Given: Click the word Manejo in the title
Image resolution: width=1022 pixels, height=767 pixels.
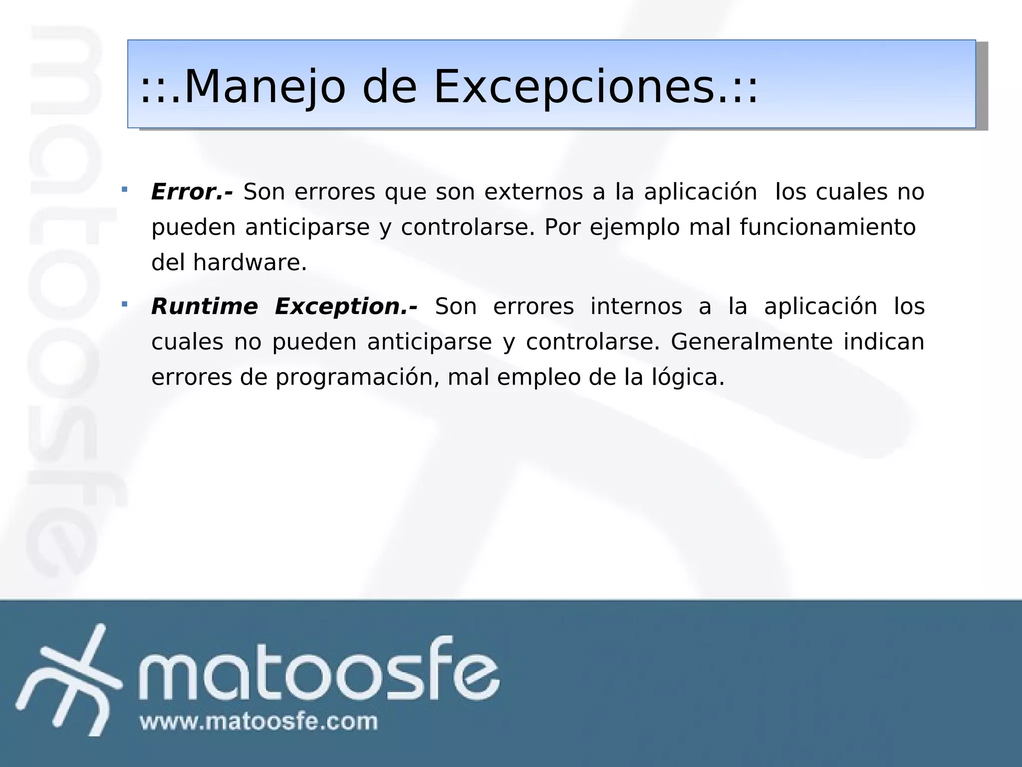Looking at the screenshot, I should tap(264, 87).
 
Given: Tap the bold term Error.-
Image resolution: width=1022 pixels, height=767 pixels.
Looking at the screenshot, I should tap(192, 192).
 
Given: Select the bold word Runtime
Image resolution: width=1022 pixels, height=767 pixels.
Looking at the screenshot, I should tap(205, 306).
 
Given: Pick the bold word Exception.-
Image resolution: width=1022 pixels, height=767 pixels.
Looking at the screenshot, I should tap(346, 306).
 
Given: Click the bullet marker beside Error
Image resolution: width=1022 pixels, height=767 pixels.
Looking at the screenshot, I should tap(124, 189).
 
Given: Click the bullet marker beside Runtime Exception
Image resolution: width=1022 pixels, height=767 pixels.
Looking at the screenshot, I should tap(124, 304).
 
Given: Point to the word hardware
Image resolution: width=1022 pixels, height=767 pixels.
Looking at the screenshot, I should tap(250, 263).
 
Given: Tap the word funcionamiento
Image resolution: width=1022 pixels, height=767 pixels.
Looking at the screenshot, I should tap(827, 227).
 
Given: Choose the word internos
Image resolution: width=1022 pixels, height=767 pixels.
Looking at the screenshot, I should tap(636, 306).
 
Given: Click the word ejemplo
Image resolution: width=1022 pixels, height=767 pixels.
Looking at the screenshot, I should tap(634, 227).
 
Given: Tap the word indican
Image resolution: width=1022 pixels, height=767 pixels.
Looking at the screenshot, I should tap(884, 342).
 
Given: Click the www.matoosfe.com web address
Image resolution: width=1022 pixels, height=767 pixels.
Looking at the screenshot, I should tap(258, 722).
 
